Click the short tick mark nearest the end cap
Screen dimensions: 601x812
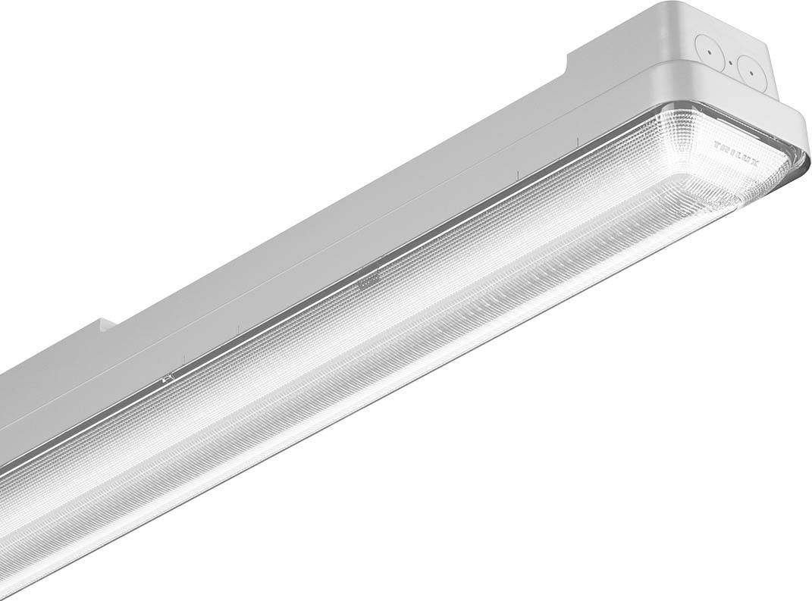point(577,141)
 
